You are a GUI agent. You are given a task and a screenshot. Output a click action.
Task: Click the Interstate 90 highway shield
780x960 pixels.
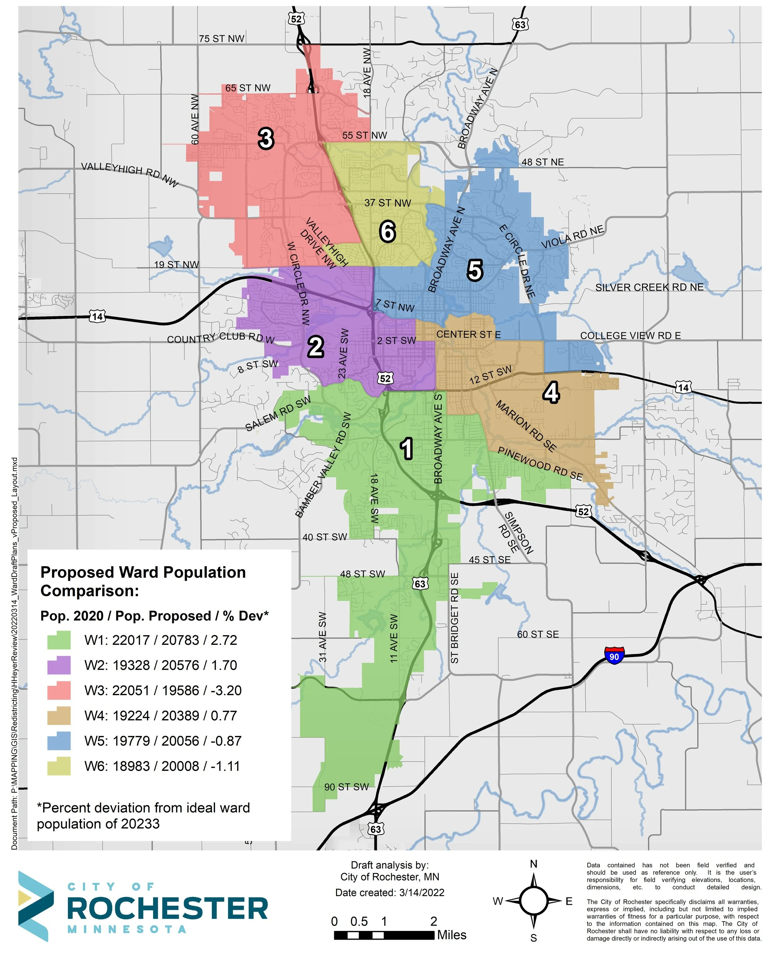tap(614, 655)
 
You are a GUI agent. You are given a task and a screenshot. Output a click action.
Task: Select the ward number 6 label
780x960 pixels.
tap(387, 232)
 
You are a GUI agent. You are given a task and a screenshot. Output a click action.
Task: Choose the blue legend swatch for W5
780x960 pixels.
tap(59, 741)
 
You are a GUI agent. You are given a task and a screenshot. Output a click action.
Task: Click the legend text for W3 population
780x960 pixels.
tap(163, 690)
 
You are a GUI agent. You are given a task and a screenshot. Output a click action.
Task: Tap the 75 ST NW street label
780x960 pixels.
tap(222, 39)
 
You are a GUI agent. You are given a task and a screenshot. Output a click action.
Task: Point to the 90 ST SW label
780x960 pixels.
tap(346, 787)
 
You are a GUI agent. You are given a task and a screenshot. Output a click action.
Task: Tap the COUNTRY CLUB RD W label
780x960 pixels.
tap(221, 338)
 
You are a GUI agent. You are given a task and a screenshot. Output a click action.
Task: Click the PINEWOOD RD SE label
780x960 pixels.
tap(540, 463)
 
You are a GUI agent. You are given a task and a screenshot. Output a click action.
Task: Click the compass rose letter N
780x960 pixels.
tap(534, 864)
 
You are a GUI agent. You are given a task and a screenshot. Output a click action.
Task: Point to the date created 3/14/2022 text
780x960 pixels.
tap(390, 893)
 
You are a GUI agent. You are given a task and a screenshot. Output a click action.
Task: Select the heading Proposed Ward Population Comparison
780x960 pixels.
tap(143, 581)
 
